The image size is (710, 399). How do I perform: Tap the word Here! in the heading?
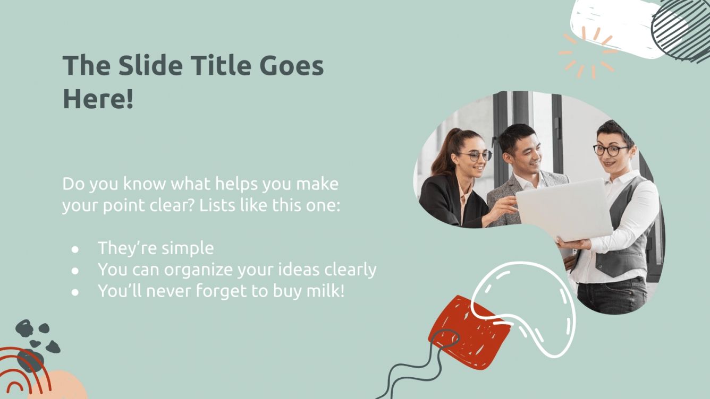point(98,99)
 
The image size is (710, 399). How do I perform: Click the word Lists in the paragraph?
point(217,205)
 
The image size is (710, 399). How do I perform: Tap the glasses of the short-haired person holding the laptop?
point(610,150)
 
